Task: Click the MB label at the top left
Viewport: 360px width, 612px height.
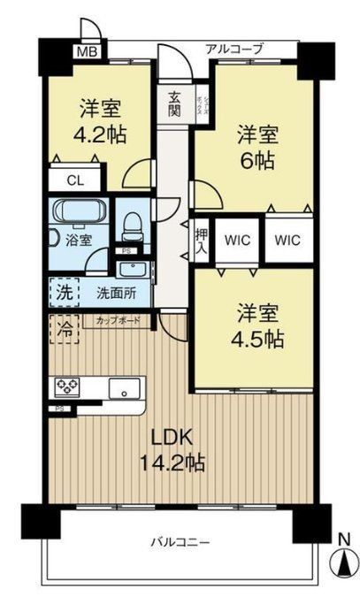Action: click(x=86, y=51)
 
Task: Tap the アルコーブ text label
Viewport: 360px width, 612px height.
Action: click(x=234, y=50)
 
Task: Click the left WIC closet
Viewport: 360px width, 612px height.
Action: click(x=236, y=241)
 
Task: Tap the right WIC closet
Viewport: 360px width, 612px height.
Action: click(x=287, y=241)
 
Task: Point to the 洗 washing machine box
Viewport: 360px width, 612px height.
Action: click(x=61, y=291)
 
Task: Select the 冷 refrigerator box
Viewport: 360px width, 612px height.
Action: click(x=61, y=326)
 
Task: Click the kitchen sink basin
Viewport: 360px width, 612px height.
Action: click(x=123, y=386)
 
